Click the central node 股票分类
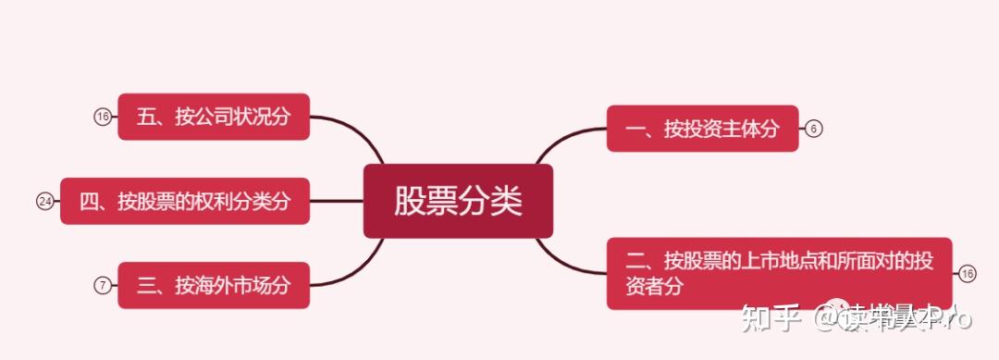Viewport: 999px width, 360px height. pyautogui.click(x=458, y=201)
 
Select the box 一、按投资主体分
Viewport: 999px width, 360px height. pyautogui.click(x=701, y=129)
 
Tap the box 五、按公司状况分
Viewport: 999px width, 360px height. pyautogui.click(x=213, y=117)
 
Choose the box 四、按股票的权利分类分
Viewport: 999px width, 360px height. pyautogui.click(x=184, y=201)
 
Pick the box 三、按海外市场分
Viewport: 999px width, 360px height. pyautogui.click(x=213, y=285)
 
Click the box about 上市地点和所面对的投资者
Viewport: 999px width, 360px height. pyautogui.click(x=779, y=273)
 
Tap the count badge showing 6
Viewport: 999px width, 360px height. pyautogui.click(x=813, y=129)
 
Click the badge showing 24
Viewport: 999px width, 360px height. pyautogui.click(x=44, y=201)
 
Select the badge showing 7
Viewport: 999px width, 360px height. pyautogui.click(x=102, y=285)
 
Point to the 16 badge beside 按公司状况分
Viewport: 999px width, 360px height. pyautogui.click(x=102, y=117)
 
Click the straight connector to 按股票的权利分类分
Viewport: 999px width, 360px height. pyautogui.click(x=336, y=201)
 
